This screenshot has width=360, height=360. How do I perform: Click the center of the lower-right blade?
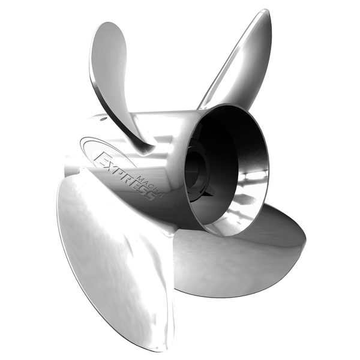[240, 252]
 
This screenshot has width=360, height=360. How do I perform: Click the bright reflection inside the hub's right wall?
[255, 180]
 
